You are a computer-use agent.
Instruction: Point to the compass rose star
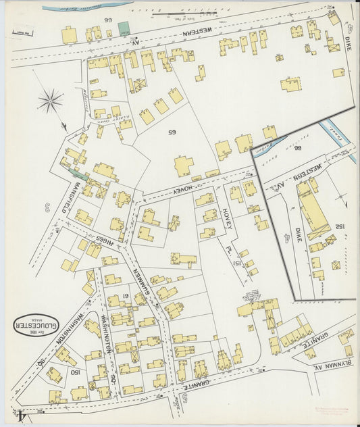[51, 103]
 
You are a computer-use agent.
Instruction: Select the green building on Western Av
[124, 28]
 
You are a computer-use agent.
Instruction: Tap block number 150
[76, 372]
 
